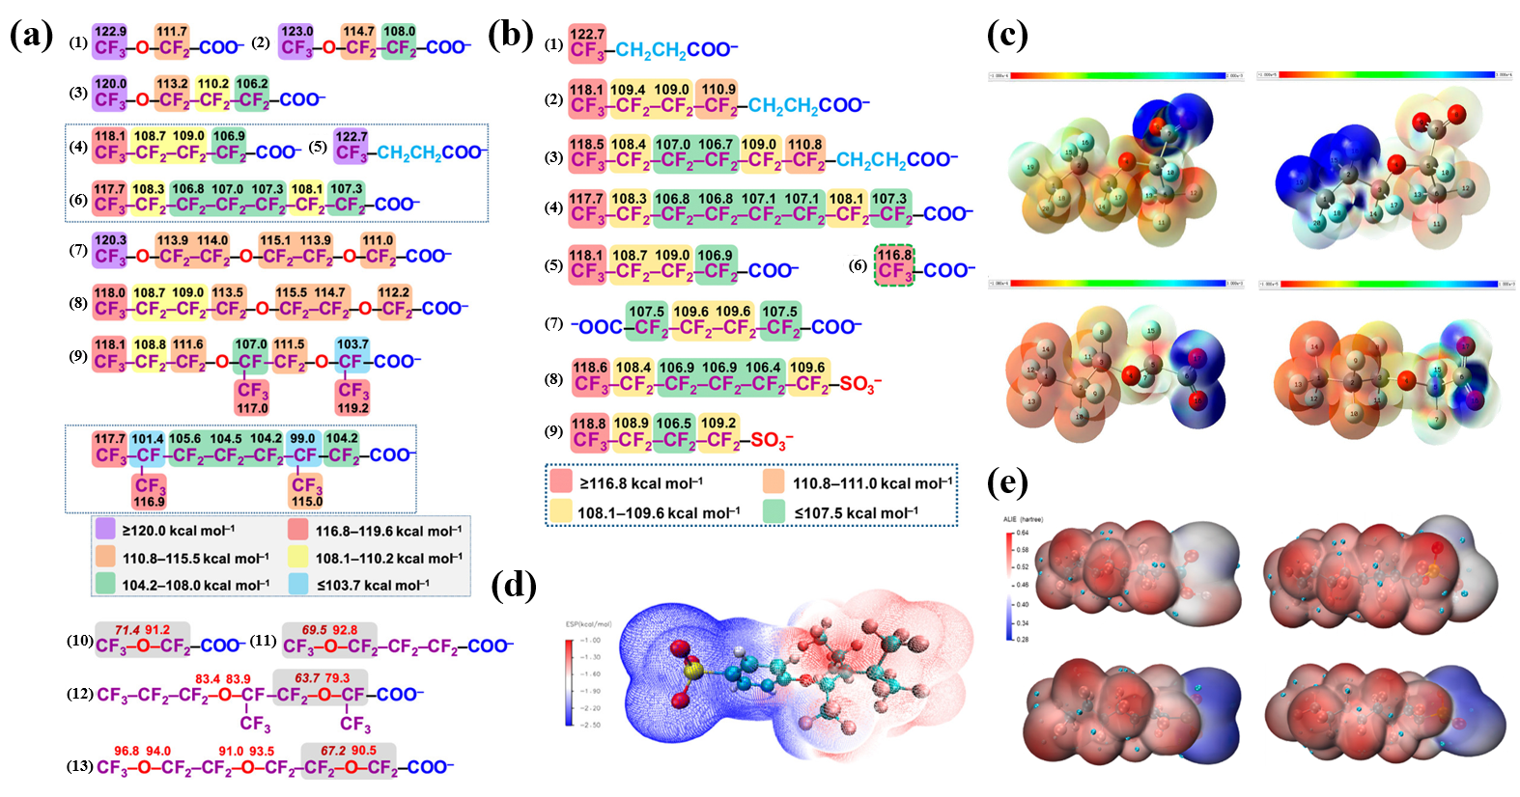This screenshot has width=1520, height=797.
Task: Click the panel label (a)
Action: [31, 36]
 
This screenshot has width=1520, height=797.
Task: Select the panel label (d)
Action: [514, 585]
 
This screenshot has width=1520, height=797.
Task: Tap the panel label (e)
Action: [1007, 481]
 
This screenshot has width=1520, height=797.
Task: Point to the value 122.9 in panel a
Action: [110, 32]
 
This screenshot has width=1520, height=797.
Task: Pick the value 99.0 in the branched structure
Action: [302, 438]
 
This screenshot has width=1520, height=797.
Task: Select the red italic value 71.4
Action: [127, 629]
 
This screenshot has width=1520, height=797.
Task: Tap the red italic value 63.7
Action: [307, 678]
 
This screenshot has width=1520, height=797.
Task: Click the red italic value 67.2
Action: [333, 750]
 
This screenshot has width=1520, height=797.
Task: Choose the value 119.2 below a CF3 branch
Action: [352, 408]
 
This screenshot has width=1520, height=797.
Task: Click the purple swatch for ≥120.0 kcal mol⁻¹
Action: [105, 530]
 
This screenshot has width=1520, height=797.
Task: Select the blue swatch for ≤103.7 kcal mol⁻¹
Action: [298, 584]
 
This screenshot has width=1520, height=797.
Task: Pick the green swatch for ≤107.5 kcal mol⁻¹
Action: [774, 511]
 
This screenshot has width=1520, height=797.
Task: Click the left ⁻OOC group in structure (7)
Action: [598, 327]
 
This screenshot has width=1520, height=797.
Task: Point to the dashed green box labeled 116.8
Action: [895, 264]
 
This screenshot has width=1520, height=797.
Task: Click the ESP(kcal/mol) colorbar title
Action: [588, 624]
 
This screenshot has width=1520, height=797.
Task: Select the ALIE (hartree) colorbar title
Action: [1023, 519]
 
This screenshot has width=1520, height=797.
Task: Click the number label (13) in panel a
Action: [80, 766]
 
